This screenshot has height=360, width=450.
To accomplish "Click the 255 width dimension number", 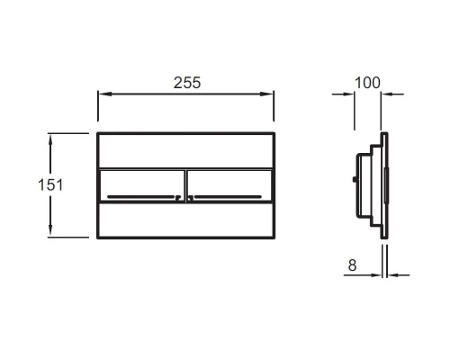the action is click(x=187, y=83).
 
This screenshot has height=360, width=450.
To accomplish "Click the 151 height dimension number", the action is click(x=50, y=184).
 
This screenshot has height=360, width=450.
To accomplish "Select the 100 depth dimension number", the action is click(x=367, y=83).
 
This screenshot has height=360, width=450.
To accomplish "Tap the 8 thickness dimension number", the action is click(x=352, y=265).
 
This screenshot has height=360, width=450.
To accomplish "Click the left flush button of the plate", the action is click(x=141, y=185).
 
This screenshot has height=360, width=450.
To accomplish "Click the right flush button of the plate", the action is click(x=229, y=185).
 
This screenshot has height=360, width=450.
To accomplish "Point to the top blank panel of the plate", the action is click(x=185, y=151).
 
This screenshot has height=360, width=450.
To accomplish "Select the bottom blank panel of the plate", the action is click(x=185, y=220).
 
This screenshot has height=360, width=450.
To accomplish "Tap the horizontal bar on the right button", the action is click(x=228, y=197).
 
